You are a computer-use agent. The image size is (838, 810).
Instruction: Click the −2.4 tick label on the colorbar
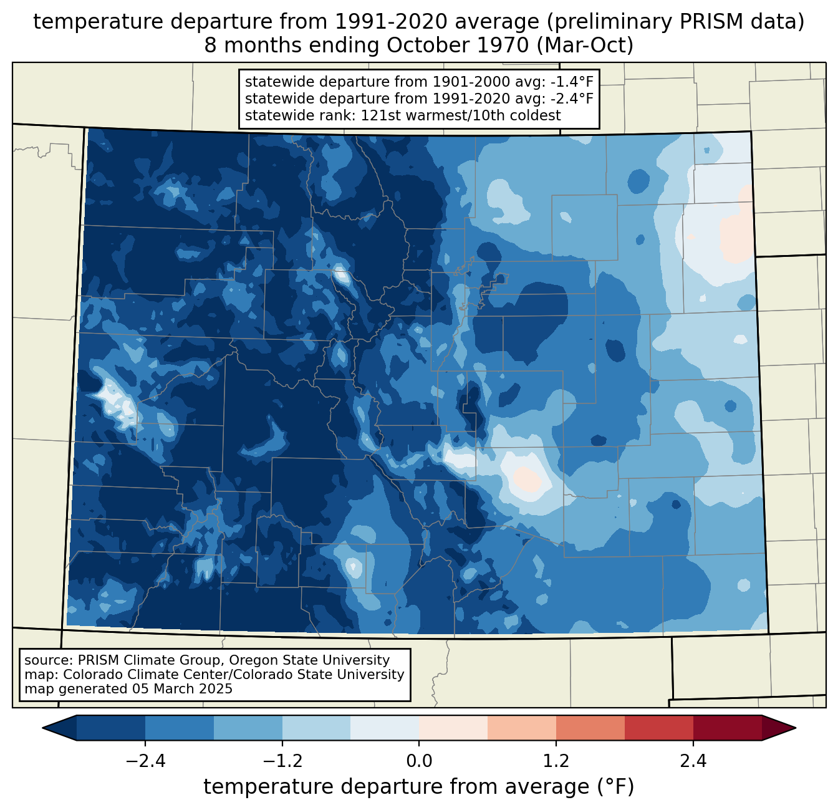[145, 761]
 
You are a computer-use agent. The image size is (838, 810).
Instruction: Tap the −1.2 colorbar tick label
[282, 761]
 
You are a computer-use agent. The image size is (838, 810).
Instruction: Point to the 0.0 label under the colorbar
[419, 761]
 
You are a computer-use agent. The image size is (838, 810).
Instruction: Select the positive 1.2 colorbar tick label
[556, 761]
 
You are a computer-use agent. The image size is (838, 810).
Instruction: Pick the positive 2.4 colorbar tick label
[693, 761]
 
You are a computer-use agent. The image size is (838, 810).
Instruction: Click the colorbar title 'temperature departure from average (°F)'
[418, 787]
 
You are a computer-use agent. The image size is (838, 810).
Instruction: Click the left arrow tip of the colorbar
[43, 728]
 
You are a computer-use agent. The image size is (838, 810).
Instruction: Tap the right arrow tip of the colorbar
[796, 728]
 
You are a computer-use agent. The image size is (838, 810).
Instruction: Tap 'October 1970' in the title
[457, 46]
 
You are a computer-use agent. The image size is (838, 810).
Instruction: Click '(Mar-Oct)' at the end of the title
[585, 46]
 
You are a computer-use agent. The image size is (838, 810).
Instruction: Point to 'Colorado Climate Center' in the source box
[149, 674]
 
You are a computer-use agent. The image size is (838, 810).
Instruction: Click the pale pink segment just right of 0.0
[453, 728]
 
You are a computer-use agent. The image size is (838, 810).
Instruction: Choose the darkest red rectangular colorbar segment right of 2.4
[728, 728]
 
